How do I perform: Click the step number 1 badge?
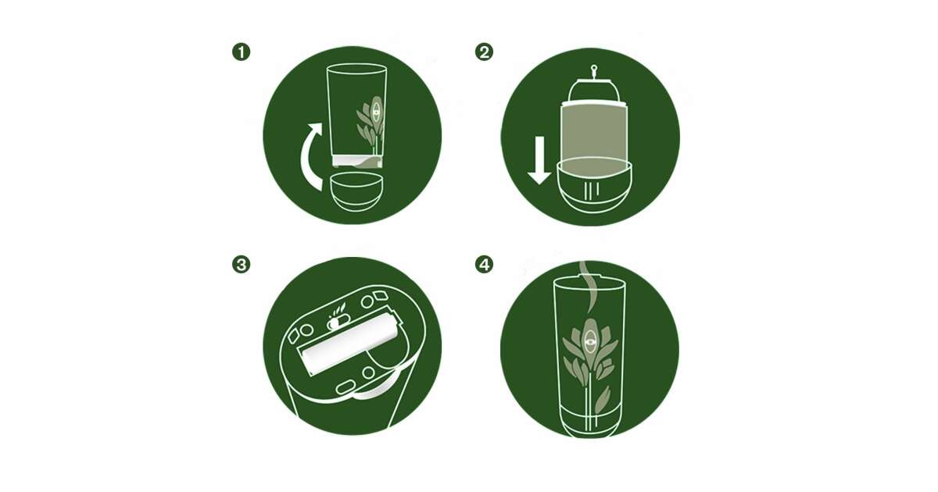242,52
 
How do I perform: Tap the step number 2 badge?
484,52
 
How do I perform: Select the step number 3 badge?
242,265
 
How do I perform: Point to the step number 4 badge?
484,265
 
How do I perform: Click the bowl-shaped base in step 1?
356,192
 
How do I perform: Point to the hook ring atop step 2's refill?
594,68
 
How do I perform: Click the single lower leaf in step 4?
602,401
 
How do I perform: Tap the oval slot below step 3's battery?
345,387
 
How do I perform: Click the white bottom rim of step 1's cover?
356,161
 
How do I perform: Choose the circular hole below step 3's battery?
368,373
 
